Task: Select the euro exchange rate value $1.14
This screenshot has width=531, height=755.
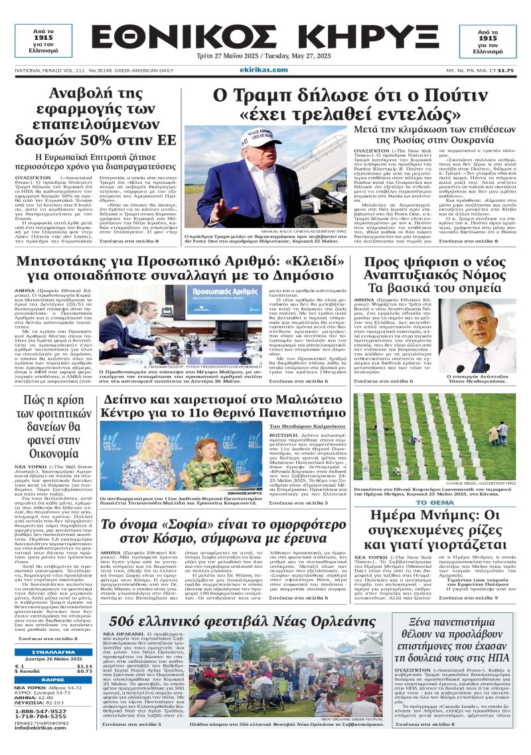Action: (x=84, y=666)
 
